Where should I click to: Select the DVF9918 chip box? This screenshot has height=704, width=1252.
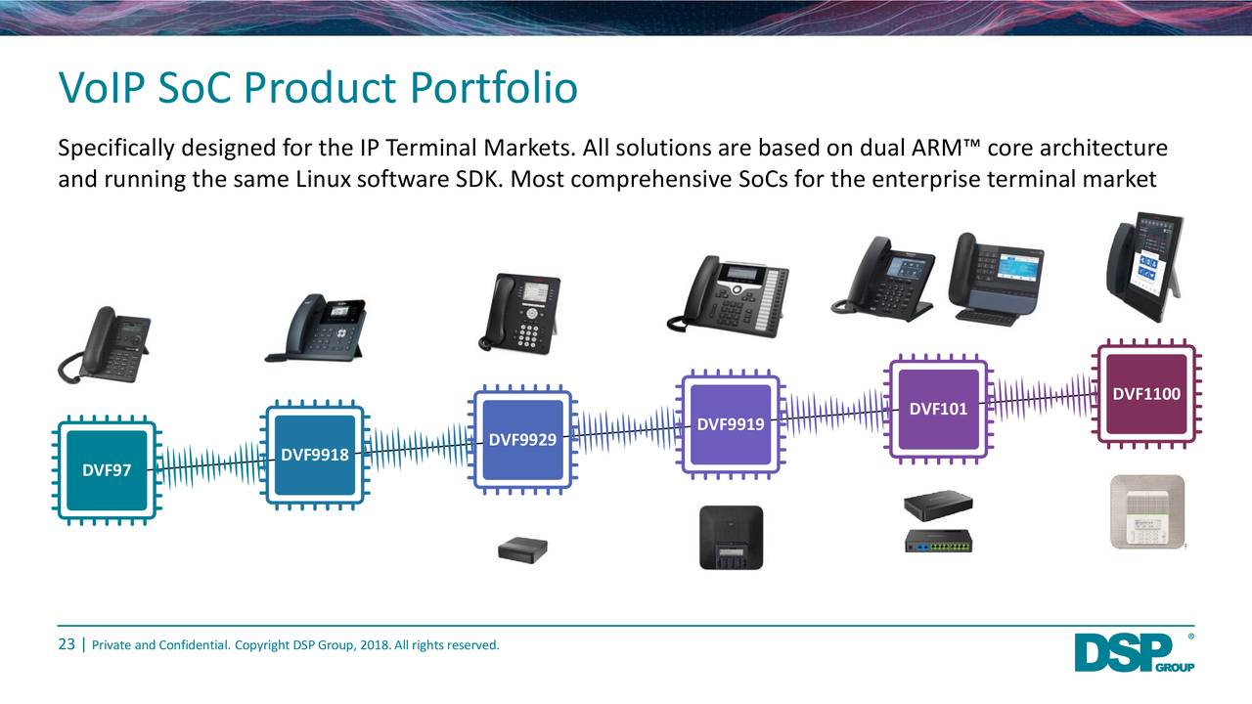[314, 455]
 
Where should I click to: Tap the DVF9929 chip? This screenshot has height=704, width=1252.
[521, 440]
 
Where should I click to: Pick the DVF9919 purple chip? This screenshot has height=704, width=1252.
[730, 424]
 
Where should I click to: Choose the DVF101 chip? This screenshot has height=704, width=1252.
[938, 409]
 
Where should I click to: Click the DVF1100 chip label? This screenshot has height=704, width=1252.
[1145, 394]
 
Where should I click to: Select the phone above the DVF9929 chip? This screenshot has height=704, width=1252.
[521, 313]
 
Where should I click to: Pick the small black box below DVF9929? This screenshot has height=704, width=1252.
[522, 550]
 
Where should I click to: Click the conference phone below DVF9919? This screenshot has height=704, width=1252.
[731, 537]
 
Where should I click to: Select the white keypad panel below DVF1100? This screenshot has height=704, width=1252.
[1146, 512]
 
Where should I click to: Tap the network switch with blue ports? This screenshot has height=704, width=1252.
[945, 541]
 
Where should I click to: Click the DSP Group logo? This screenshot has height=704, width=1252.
[1132, 652]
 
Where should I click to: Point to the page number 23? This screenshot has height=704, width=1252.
[67, 644]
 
